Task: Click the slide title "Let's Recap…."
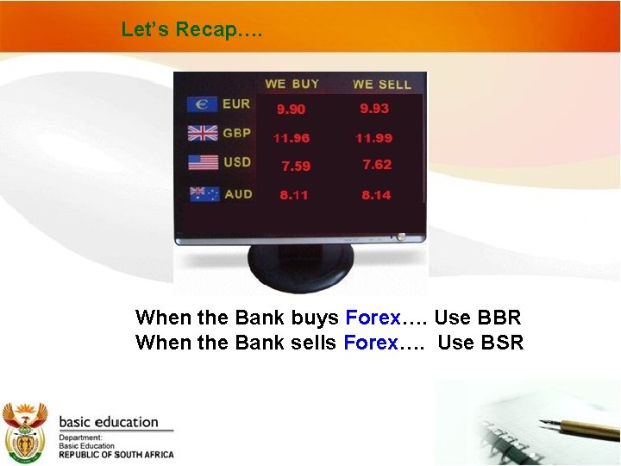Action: coord(191,29)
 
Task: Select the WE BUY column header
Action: coord(292,84)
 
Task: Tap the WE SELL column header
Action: coord(381,85)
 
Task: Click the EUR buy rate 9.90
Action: coord(291,110)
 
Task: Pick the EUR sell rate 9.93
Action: coord(374,108)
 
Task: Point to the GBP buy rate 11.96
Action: coord(291,138)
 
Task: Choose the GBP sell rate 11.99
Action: coord(373,138)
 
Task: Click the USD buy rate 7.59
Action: coord(295,167)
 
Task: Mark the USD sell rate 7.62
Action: coord(377,164)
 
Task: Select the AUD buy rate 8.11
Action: coord(293,195)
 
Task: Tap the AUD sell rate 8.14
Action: coord(376,195)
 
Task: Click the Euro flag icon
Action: coord(203,104)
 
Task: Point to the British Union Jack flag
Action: coord(203,134)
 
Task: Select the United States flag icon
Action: coord(203,162)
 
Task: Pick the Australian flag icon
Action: coord(204,194)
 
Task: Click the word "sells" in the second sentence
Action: coord(312,343)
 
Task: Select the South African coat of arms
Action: coord(25,432)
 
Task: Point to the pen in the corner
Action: coord(579,428)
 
